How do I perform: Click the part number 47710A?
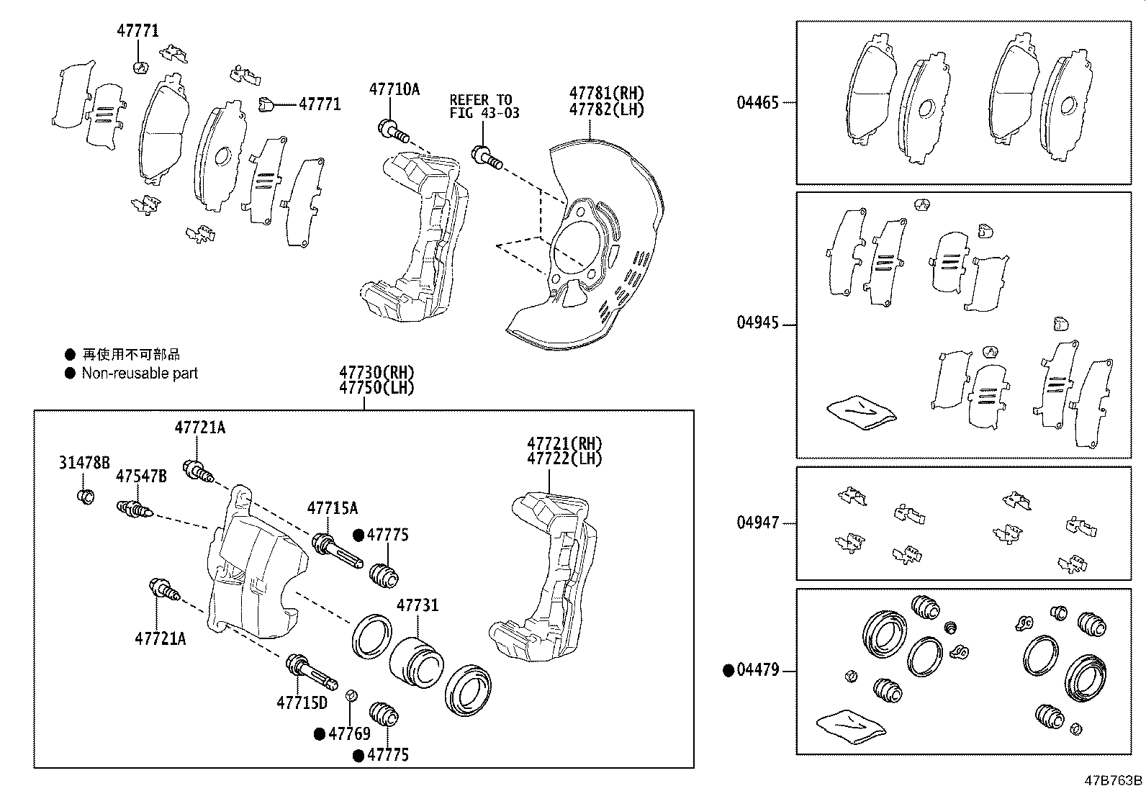pyautogui.click(x=394, y=89)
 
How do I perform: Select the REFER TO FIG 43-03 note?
pyautogui.click(x=484, y=107)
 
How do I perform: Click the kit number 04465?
pyautogui.click(x=757, y=103)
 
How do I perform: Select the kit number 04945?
pyautogui.click(x=757, y=323)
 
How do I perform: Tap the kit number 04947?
pyautogui.click(x=757, y=523)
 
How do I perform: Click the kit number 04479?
pyautogui.click(x=757, y=671)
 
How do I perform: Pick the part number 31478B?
pyautogui.click(x=84, y=463)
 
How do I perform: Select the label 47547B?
pyautogui.click(x=142, y=476)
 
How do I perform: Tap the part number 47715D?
pyautogui.click(x=302, y=702)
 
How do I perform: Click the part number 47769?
pyautogui.click(x=349, y=734)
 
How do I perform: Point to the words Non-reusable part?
pyautogui.click(x=140, y=374)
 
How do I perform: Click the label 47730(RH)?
pyautogui.click(x=377, y=372)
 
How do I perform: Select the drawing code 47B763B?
pyautogui.click(x=1114, y=781)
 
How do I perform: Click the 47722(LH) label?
pyautogui.click(x=564, y=459)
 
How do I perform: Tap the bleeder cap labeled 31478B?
pyautogui.click(x=85, y=496)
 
